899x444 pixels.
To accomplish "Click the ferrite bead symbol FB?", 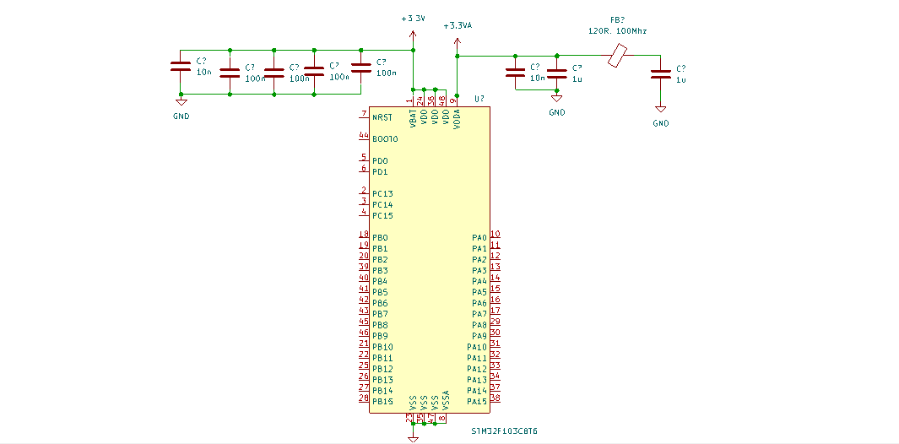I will click(618, 57).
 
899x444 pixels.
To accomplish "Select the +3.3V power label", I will click(413, 18).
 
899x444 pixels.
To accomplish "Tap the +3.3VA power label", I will click(457, 26).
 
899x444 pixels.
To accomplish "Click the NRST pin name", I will click(382, 117).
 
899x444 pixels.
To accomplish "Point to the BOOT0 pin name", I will click(385, 138).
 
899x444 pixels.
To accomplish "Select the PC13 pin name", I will click(382, 193).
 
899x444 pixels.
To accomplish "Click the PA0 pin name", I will click(479, 237).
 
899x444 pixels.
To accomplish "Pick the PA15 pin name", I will click(477, 401).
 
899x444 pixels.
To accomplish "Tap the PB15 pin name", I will click(382, 401).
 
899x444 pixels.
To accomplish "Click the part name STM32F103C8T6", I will click(504, 431).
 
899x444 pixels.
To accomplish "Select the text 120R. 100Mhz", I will click(617, 30).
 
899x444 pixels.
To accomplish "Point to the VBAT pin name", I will click(413, 119).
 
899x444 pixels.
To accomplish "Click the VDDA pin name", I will click(457, 119).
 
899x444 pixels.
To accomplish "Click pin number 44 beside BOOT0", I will click(363, 135).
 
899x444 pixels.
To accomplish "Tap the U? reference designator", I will click(479, 100).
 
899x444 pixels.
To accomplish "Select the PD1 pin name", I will click(380, 171).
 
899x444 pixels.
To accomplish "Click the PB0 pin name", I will click(380, 237).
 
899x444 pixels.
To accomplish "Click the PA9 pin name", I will click(479, 336).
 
